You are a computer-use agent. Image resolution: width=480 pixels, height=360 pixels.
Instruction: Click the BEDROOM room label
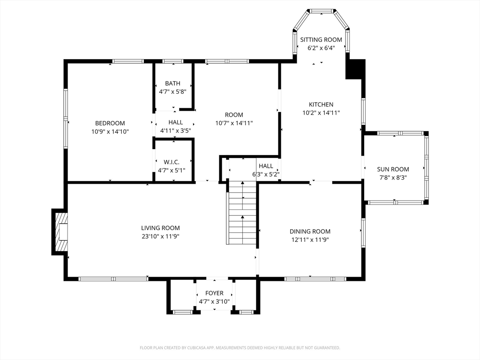click(x=110, y=123)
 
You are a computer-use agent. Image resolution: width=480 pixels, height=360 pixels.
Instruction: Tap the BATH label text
click(x=172, y=83)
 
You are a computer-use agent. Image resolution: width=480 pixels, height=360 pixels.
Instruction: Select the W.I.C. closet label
click(x=172, y=162)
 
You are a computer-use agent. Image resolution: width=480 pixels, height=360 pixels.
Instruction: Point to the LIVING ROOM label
click(x=160, y=228)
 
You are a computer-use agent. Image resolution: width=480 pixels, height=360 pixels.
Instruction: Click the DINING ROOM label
click(x=310, y=232)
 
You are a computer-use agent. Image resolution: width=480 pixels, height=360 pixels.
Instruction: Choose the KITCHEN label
click(x=321, y=105)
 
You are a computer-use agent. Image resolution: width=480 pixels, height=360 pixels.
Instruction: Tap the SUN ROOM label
click(x=393, y=169)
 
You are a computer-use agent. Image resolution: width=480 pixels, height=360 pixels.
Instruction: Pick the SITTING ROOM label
click(x=321, y=39)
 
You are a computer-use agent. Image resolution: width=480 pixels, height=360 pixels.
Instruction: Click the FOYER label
click(x=214, y=293)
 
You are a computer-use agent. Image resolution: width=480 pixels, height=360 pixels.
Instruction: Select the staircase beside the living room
click(x=241, y=213)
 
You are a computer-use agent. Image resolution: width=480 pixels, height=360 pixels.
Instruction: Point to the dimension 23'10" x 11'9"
click(x=160, y=236)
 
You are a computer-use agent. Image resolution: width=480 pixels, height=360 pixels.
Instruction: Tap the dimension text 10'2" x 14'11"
click(x=321, y=112)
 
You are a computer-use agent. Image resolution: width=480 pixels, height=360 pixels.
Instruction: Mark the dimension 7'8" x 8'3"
click(x=393, y=178)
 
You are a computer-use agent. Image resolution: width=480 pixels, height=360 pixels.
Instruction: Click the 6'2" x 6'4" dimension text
click(x=321, y=48)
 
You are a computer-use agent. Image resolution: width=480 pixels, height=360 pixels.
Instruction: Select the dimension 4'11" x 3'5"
click(x=176, y=131)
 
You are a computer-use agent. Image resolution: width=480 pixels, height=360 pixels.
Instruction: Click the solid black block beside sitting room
click(x=355, y=69)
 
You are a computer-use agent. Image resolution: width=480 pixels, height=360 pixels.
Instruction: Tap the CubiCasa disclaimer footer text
click(x=240, y=348)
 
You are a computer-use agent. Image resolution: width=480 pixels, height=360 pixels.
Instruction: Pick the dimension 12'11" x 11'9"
click(x=310, y=240)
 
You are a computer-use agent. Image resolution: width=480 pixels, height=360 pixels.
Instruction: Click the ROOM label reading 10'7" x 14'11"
click(x=234, y=115)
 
